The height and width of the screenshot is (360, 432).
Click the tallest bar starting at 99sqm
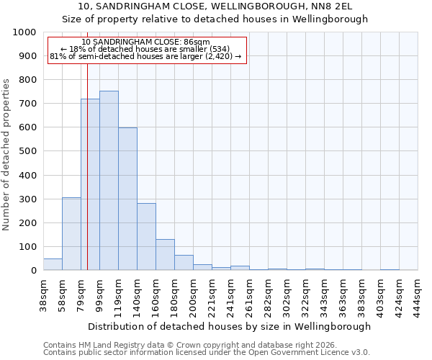click(109, 180)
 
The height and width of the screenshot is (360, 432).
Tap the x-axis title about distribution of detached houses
click(230, 326)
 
